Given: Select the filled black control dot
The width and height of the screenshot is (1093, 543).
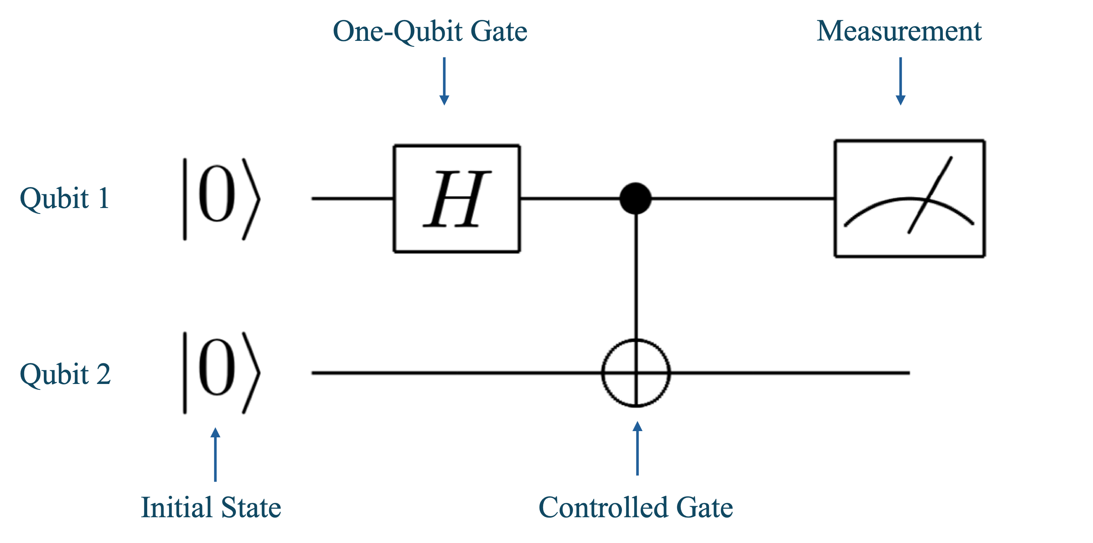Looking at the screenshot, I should click(635, 198).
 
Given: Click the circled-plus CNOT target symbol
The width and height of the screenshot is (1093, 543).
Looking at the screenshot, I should click(636, 373).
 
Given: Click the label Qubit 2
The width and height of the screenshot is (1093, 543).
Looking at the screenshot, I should click(65, 374).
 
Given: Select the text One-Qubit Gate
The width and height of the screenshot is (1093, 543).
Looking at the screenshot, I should click(429, 31).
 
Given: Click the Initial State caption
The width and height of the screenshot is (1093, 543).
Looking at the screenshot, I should click(211, 507).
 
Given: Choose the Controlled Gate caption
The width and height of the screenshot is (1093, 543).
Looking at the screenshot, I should click(635, 507).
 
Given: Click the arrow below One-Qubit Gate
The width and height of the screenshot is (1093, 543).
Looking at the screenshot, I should click(444, 81).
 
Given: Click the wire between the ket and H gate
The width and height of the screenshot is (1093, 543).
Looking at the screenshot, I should click(352, 198).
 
